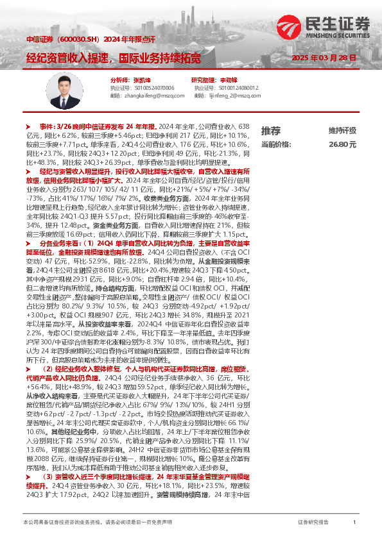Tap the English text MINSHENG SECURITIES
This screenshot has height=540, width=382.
point(345,35)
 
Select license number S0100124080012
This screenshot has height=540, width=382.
point(236,87)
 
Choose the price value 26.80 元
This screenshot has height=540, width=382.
point(342,145)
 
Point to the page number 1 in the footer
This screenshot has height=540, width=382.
point(354,523)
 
